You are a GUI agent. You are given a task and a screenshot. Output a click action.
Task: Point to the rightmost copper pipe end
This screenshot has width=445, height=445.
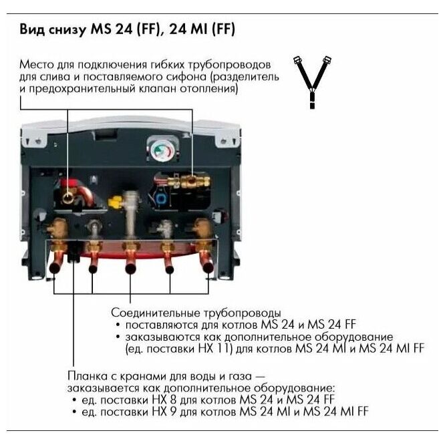(x=208, y=265)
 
